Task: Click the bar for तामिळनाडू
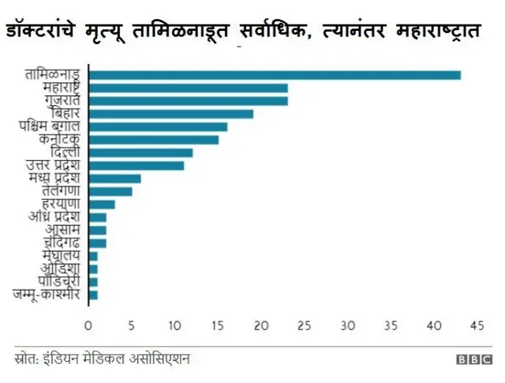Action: point(274,75)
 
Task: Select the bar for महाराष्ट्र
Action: point(188,88)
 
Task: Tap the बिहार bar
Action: point(170,114)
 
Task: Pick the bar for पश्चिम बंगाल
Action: point(158,126)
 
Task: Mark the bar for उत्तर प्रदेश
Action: point(136,165)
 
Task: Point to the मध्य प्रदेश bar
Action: point(114,178)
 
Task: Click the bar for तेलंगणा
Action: point(110,191)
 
